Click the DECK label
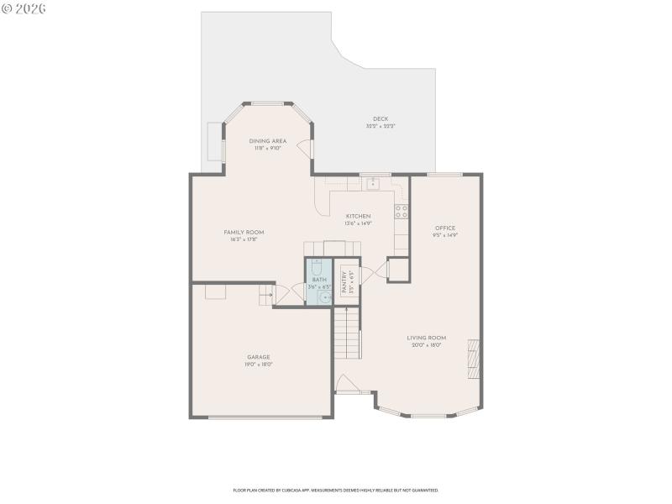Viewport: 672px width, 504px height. (x=381, y=118)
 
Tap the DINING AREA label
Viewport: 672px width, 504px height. (x=268, y=140)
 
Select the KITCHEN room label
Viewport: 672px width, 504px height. (x=358, y=216)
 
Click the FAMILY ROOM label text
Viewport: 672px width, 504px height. (x=244, y=232)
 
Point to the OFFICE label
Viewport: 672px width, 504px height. (x=445, y=228)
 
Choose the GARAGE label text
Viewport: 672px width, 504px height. (x=258, y=357)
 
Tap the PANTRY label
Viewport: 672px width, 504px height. (x=344, y=279)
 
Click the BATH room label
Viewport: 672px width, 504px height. (x=318, y=279)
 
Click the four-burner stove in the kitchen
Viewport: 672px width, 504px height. (x=402, y=210)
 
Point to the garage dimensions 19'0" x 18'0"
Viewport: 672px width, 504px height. (x=258, y=365)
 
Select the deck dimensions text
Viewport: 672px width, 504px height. (x=381, y=126)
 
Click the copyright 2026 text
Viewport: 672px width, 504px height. (x=24, y=8)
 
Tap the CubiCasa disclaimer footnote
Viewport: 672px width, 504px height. (x=335, y=490)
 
